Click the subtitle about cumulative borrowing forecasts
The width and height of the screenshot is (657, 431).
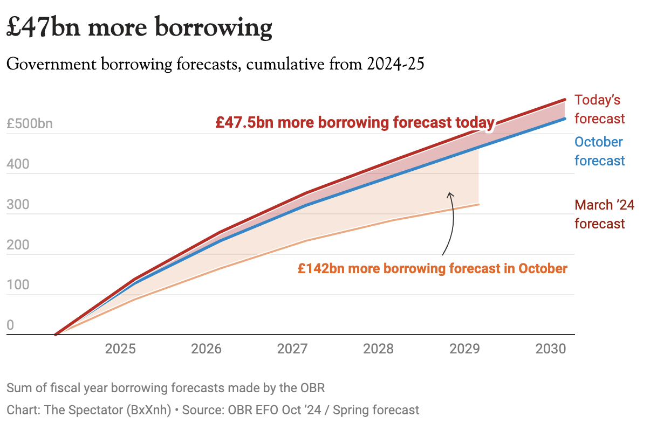coord(215,65)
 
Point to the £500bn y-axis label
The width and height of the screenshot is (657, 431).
coord(30,124)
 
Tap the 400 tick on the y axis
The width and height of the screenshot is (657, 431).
coord(18,165)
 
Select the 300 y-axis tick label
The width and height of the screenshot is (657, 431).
coord(18,205)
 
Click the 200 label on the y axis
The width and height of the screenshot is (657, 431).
coord(18,246)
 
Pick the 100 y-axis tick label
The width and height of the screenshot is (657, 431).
coord(18,286)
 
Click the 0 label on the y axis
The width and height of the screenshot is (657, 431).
coord(10,326)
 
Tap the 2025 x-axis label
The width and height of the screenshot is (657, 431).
coord(120,349)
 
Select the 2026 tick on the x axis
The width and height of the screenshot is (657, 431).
coord(207,349)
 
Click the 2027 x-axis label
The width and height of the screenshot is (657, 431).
coord(293,349)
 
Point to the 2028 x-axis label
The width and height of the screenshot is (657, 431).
coord(379,349)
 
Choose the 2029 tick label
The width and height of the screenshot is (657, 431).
coord(465,349)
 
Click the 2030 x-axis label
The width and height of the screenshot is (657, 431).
coord(551,349)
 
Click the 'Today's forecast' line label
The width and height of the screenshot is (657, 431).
coord(599,109)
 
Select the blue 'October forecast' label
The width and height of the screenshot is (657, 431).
coord(599,151)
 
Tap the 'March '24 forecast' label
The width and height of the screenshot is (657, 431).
coord(604,214)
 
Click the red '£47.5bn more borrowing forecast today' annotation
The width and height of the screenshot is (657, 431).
coord(355,122)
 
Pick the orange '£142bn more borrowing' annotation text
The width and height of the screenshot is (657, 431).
coord(432,268)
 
